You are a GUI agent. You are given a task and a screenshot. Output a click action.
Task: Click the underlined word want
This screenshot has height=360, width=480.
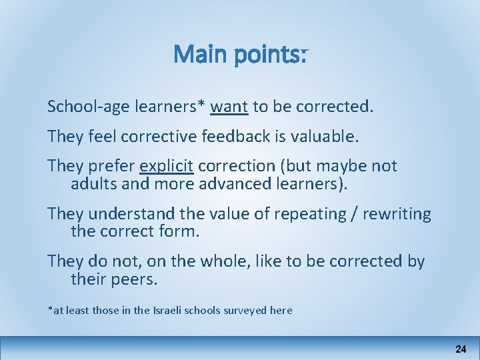pyautogui.click(x=229, y=107)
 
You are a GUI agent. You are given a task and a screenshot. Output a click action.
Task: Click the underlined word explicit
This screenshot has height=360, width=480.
pyautogui.click(x=166, y=166)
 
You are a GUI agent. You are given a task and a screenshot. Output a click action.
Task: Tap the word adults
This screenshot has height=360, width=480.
pyautogui.click(x=91, y=184)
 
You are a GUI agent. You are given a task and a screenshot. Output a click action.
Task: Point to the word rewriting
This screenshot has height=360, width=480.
pyautogui.click(x=398, y=215)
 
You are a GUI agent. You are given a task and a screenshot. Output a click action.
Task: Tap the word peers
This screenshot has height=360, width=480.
pyautogui.click(x=136, y=280)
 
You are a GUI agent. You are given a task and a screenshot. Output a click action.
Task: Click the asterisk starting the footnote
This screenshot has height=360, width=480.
pyautogui.click(x=50, y=309)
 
